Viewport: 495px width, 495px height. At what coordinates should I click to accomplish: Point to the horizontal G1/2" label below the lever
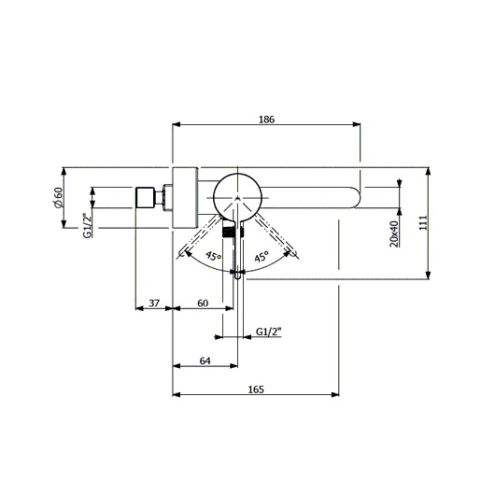click(269, 331)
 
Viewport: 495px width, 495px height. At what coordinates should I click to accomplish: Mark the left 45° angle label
click(213, 256)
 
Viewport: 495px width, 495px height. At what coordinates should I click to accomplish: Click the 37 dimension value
click(155, 304)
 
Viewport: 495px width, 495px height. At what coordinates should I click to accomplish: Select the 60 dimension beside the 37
click(202, 304)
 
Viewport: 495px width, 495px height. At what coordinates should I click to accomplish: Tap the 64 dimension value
click(205, 361)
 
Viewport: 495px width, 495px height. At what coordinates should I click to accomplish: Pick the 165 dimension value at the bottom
click(255, 389)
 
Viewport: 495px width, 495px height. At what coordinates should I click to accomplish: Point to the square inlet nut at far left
click(145, 198)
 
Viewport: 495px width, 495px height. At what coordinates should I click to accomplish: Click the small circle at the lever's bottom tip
click(238, 276)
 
